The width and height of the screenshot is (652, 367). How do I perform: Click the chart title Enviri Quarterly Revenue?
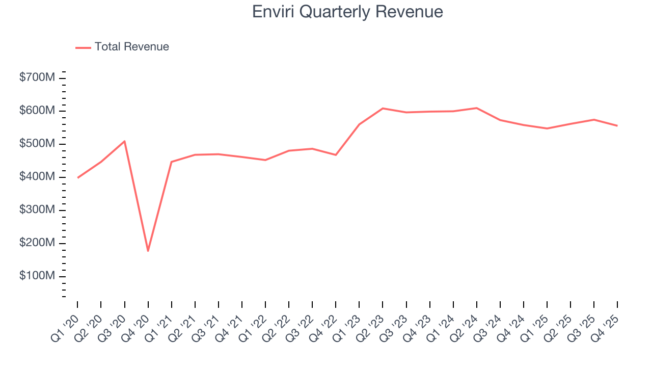pos(347,12)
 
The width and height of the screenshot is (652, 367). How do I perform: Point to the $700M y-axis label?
pos(37,78)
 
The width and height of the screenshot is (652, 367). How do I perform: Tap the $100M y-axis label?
pos(37,276)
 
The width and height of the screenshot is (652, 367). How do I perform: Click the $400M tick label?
pos(37,177)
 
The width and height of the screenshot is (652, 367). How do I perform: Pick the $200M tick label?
pos(37,243)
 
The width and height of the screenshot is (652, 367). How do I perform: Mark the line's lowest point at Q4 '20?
pos(148,251)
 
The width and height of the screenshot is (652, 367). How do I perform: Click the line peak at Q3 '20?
pos(124,141)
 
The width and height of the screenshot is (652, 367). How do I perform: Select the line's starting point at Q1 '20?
pos(77,177)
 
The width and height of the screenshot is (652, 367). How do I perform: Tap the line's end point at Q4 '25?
pos(617,125)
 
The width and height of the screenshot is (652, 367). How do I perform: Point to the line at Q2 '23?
pos(383,109)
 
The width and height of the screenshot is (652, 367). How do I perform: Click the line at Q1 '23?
pos(359,124)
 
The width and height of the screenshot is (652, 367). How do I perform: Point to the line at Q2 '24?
pos(476,108)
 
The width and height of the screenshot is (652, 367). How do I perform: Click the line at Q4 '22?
pos(336,155)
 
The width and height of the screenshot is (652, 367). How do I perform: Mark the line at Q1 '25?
pos(547,128)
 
